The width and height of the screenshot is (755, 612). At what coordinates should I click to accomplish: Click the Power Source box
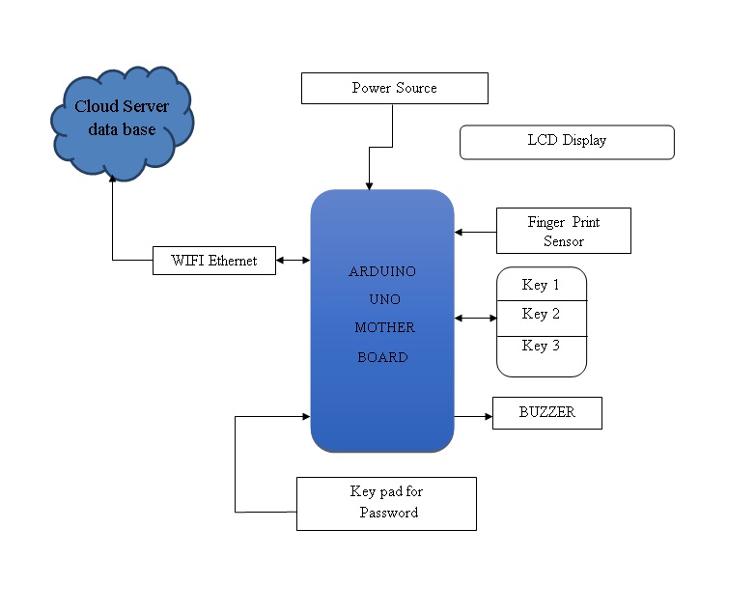point(394,88)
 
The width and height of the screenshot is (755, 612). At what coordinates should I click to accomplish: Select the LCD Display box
point(567,142)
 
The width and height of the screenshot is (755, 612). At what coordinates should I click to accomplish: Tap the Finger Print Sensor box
point(564,231)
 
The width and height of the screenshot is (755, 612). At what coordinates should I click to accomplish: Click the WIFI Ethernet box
point(214,261)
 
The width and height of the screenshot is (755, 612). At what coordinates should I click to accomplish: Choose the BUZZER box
point(547,412)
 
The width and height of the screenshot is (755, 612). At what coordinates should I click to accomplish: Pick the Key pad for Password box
point(386,504)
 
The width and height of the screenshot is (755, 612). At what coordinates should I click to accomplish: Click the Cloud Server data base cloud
point(123,123)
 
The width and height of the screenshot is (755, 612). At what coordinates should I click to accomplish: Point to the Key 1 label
point(541,285)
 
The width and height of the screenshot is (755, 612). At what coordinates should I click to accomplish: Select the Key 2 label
point(541,314)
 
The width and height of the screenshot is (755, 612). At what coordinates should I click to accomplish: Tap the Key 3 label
point(541,346)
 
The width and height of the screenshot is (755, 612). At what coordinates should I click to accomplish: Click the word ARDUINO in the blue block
point(382,271)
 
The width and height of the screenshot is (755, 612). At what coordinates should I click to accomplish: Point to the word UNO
point(384,299)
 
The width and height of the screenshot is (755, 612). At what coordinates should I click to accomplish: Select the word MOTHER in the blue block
point(384,327)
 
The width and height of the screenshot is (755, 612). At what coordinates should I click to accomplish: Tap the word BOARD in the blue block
point(382,357)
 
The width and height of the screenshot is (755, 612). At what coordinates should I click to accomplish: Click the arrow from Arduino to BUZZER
point(473,416)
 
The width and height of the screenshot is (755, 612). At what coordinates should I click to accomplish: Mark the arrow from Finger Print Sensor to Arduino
point(475,232)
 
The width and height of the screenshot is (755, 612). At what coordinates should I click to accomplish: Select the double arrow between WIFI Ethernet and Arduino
point(294,260)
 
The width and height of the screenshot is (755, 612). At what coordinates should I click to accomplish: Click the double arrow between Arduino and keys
point(476,318)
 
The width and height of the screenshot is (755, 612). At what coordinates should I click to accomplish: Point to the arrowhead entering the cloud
point(113,179)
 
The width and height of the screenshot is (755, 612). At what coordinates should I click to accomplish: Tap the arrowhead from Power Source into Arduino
point(370,186)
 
